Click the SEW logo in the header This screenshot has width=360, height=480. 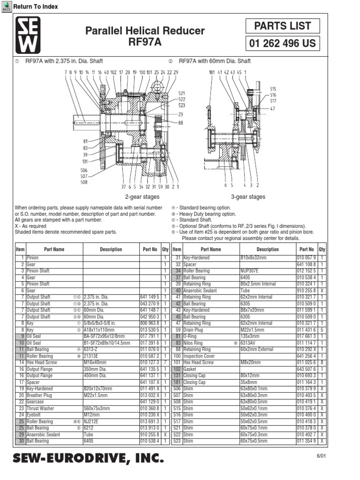(28, 35)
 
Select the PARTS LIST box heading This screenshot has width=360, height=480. (283, 25)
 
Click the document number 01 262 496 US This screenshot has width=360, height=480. (283, 44)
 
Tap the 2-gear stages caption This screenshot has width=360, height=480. (142, 197)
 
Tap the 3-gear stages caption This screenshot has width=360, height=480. (248, 197)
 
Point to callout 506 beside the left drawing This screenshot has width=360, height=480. (84, 171)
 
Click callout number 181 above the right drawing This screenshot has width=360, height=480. (211, 72)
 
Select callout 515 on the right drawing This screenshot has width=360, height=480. (273, 88)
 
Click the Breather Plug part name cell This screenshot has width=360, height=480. (39, 395)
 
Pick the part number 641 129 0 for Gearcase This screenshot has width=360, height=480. (150, 402)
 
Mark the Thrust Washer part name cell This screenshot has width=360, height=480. (40, 408)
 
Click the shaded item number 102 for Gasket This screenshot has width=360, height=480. (177, 369)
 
